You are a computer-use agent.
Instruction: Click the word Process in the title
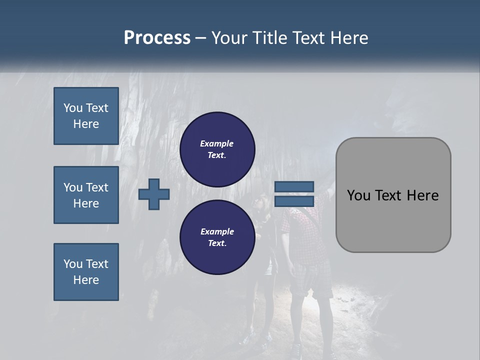click(x=157, y=38)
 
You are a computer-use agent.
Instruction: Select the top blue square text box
click(x=86, y=116)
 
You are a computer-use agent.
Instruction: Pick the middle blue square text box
click(x=86, y=195)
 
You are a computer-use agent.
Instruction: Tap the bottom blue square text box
click(x=86, y=272)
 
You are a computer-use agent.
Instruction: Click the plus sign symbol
click(x=154, y=194)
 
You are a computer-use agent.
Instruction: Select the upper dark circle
click(x=217, y=149)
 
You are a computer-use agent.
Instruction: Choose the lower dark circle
click(x=217, y=237)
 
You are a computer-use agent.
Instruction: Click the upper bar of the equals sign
click(x=294, y=187)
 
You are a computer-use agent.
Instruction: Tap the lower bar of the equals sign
click(x=294, y=201)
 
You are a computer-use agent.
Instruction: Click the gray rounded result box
click(x=393, y=220)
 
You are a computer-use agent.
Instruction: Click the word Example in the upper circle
click(x=216, y=143)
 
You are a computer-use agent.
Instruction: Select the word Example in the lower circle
click(x=217, y=231)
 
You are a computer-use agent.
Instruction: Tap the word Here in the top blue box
click(x=86, y=124)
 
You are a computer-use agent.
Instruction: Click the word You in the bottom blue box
click(x=73, y=264)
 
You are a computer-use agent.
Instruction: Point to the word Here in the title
click(x=348, y=38)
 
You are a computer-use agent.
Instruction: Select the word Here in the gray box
click(x=423, y=195)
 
